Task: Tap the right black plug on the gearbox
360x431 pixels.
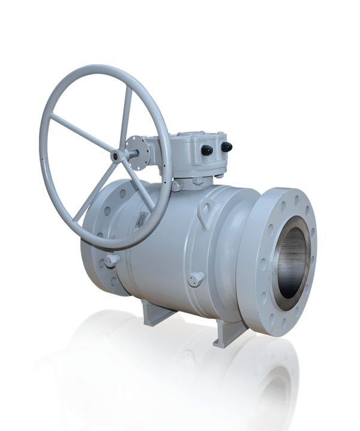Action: tap(226, 146)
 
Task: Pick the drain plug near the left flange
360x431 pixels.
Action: tap(111, 261)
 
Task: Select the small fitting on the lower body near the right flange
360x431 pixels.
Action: tap(196, 278)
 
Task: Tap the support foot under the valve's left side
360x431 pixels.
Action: tap(154, 312)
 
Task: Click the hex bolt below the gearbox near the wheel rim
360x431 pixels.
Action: tap(176, 186)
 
